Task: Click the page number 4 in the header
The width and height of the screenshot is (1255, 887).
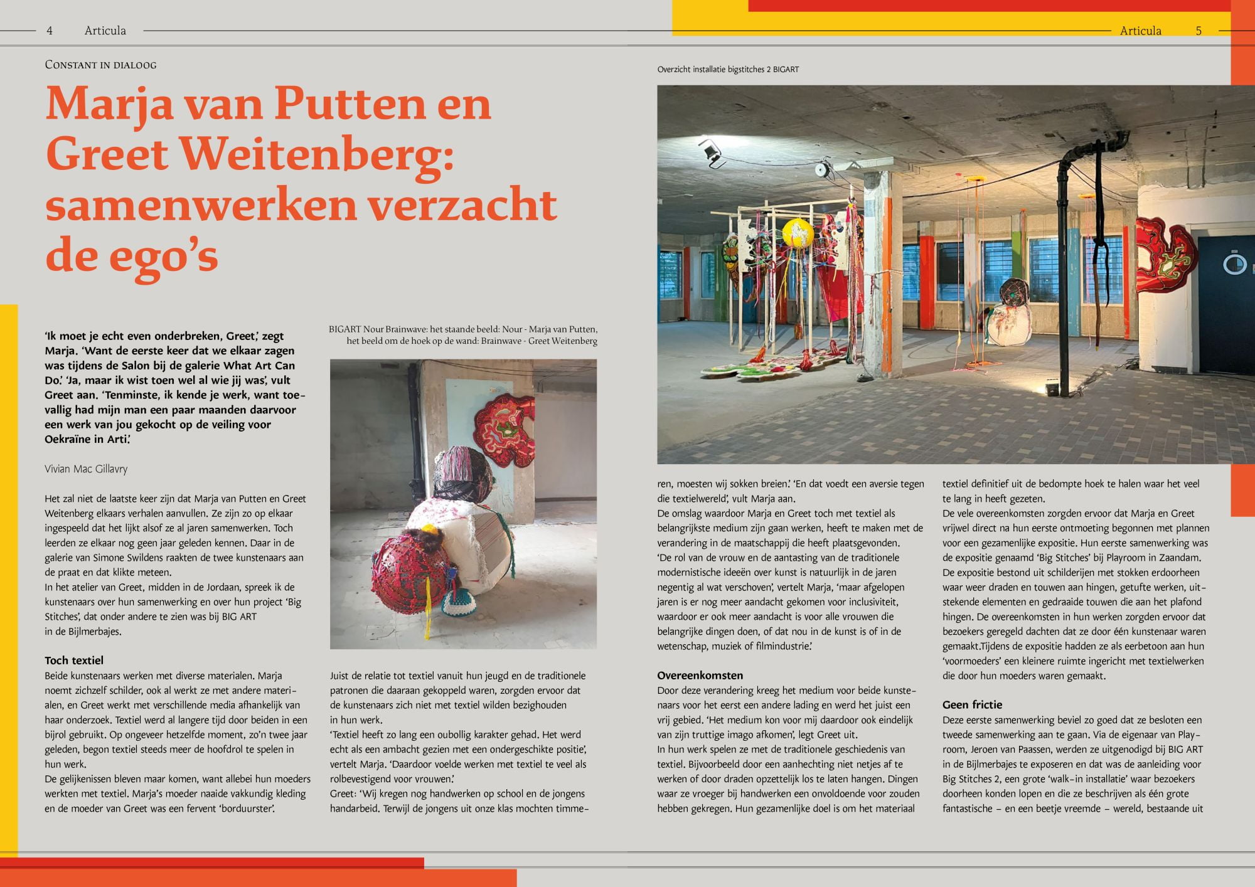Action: (x=50, y=30)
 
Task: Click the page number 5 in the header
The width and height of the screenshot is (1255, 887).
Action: (x=1199, y=31)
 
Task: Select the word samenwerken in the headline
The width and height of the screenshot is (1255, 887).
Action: (x=201, y=205)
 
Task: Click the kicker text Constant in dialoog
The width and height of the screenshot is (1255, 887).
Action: (x=100, y=65)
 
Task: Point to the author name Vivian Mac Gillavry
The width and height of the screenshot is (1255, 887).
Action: (x=86, y=469)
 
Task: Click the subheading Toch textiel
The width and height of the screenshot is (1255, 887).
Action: (x=74, y=660)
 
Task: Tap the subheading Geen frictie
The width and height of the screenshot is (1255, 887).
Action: (x=972, y=704)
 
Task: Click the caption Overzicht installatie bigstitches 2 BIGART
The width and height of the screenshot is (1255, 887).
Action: (x=728, y=70)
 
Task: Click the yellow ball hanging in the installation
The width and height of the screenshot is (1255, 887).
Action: (x=798, y=233)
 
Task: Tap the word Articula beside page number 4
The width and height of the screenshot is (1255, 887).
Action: (x=105, y=31)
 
